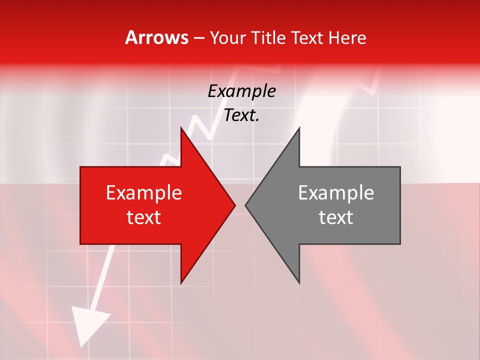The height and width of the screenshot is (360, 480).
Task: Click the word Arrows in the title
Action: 156,37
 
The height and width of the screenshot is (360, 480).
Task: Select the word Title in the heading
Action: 268,37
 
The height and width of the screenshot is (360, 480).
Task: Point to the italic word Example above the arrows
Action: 241,91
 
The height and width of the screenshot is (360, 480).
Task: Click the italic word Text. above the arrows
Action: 241,115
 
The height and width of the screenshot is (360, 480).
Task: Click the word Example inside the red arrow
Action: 144,193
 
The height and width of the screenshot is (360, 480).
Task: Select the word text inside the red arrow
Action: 144,217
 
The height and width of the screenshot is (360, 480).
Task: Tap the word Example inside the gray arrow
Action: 336,193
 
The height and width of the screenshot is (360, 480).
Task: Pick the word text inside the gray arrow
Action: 336,217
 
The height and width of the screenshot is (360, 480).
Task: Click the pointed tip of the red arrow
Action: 234,205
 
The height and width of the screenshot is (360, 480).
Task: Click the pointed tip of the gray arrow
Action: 246,205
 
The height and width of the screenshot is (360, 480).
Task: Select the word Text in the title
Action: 307,37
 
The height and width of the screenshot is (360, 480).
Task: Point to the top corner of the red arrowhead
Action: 181,128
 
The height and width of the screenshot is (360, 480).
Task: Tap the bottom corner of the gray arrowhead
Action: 299,282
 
